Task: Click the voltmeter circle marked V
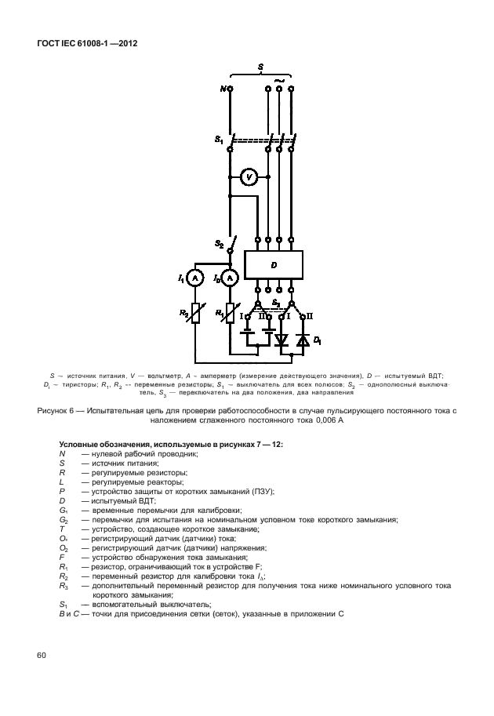coord(249,178)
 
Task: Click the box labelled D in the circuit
coord(274,265)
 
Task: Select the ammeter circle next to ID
coord(230,278)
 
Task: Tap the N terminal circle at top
coord(230,89)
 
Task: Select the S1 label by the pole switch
coord(220,140)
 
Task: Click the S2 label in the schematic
coord(220,245)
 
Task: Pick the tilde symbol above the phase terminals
coord(280,79)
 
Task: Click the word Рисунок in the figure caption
coord(54,410)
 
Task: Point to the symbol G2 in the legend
coord(64,519)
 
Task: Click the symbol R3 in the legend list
coord(64,585)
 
